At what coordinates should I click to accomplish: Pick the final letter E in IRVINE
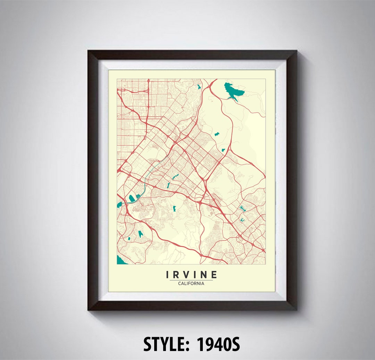point(214,275)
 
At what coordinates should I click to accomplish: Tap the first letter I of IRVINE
point(168,275)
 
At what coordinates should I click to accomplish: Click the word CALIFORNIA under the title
point(191,283)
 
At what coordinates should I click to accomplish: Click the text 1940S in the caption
point(218,344)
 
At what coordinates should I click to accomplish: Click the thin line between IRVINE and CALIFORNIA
point(191,280)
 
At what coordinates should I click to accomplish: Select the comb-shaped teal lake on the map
point(242,208)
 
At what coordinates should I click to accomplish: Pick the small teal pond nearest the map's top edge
point(199,87)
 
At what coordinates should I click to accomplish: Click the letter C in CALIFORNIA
point(180,283)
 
